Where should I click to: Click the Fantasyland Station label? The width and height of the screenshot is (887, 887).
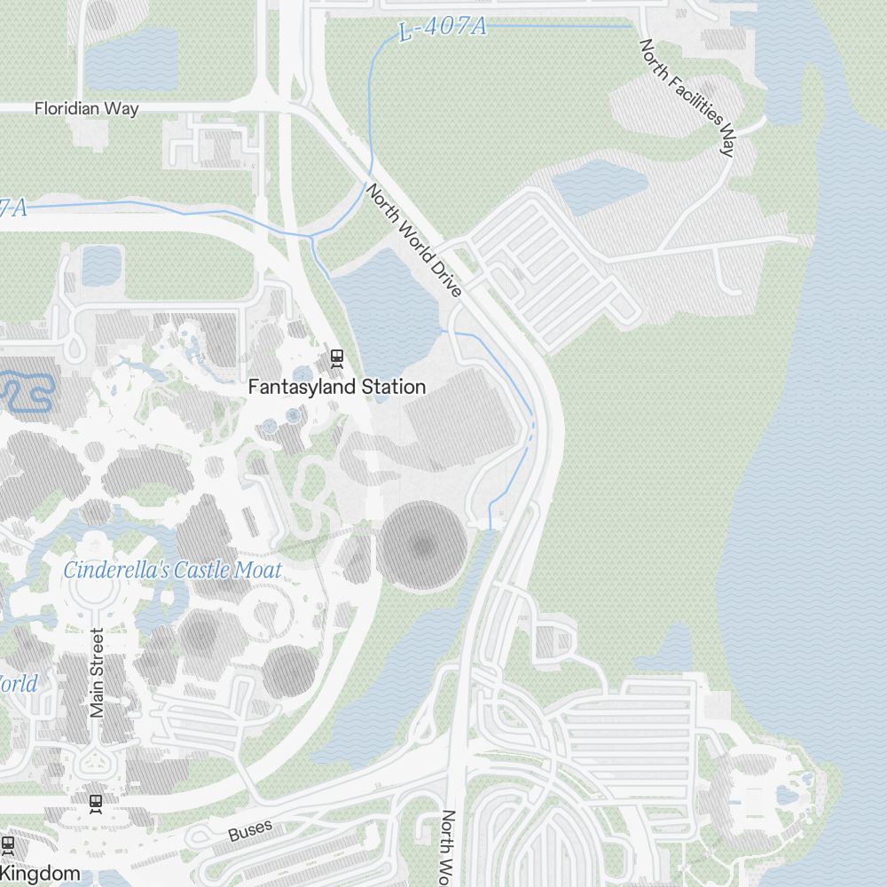click(x=337, y=387)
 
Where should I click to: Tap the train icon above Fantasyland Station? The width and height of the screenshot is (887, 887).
click(x=336, y=358)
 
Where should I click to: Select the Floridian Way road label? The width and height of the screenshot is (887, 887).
click(x=86, y=109)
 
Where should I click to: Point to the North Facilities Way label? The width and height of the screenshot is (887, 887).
click(x=687, y=97)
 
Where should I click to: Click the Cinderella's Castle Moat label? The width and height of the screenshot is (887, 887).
click(x=172, y=570)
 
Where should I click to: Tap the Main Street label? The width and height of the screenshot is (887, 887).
click(x=98, y=672)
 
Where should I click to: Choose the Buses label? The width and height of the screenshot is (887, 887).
click(x=249, y=831)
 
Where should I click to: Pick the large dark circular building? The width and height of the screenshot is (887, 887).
click(x=423, y=546)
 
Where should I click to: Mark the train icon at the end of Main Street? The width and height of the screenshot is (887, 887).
click(x=96, y=803)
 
